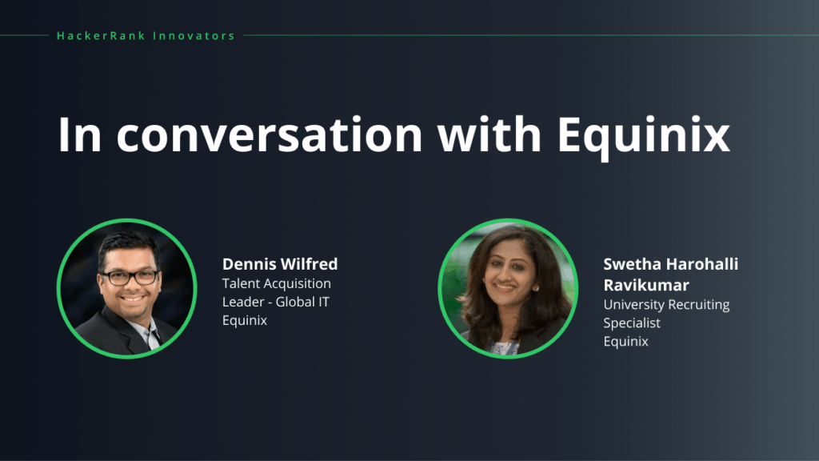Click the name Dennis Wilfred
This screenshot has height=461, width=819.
pyautogui.click(x=280, y=264)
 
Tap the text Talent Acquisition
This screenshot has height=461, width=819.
pyautogui.click(x=276, y=283)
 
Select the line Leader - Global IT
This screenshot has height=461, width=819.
pyautogui.click(x=276, y=302)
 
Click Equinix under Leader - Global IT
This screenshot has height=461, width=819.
pyautogui.click(x=245, y=320)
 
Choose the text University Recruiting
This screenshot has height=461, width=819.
pyautogui.click(x=666, y=304)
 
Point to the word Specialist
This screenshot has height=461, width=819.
pyautogui.click(x=632, y=323)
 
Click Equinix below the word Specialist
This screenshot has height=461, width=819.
pyautogui.click(x=625, y=341)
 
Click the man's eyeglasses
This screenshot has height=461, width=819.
pyautogui.click(x=128, y=277)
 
